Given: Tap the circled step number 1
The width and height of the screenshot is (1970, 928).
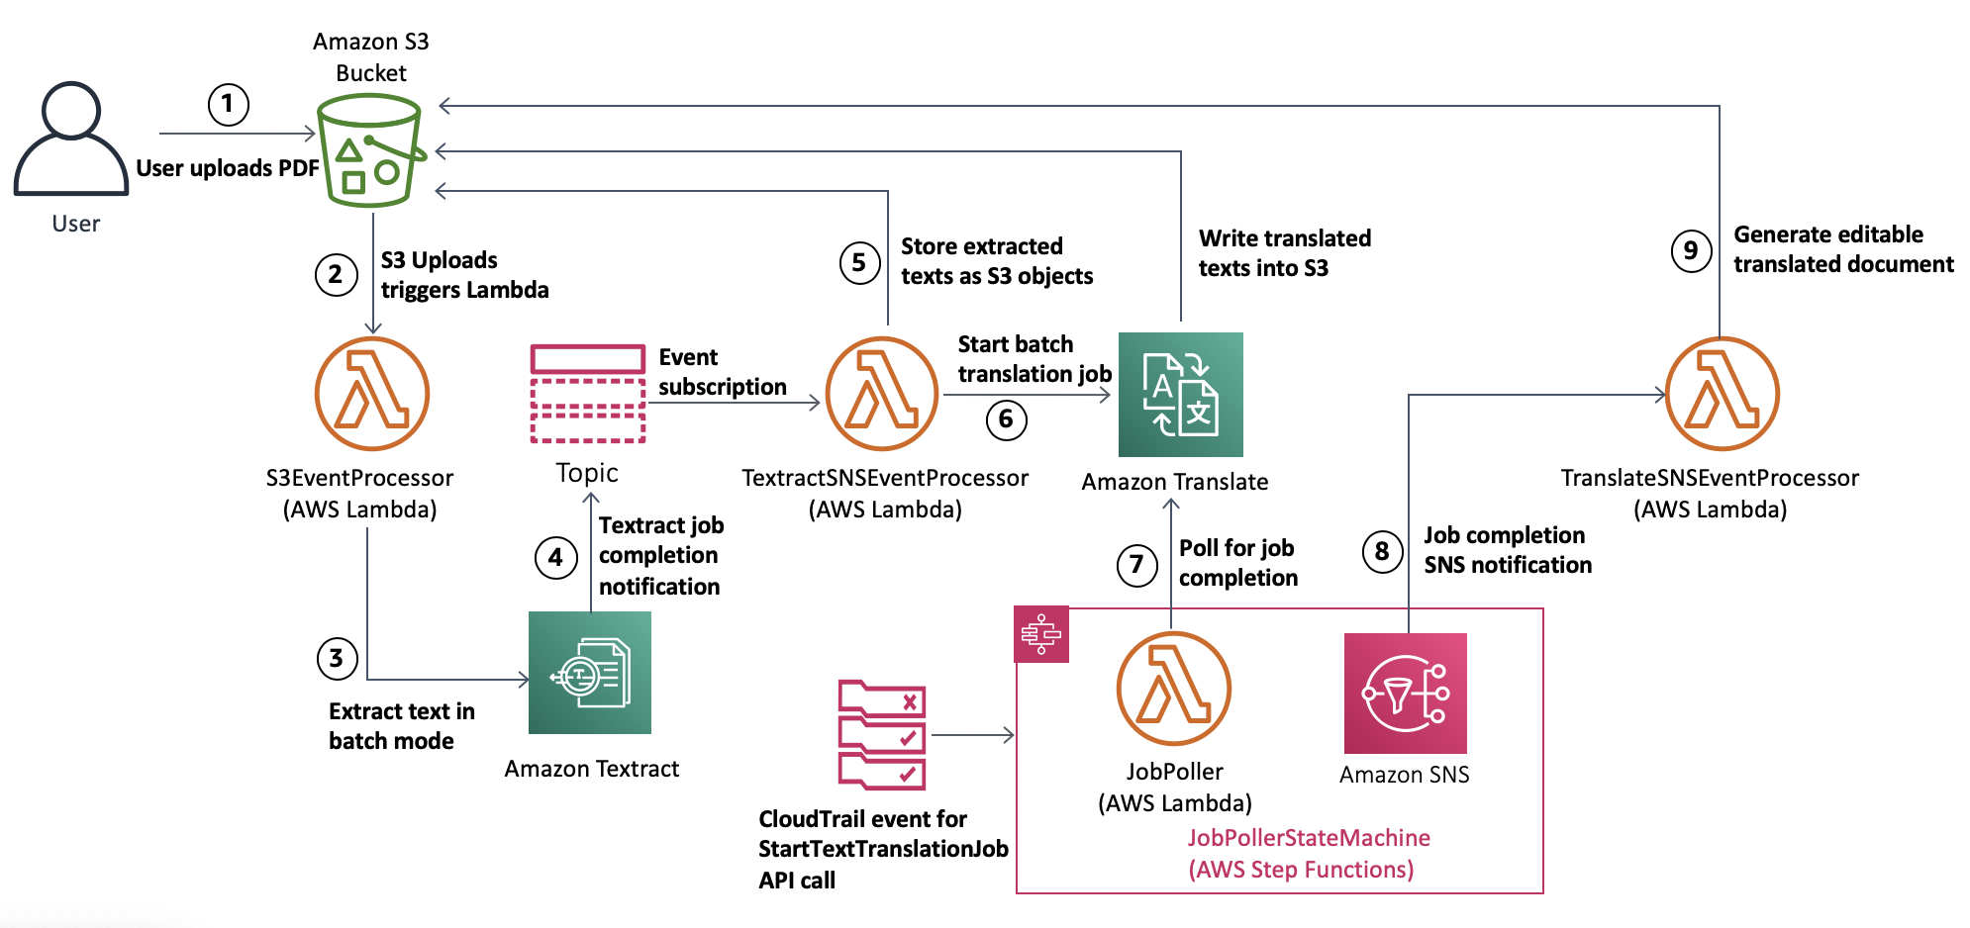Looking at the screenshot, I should (228, 104).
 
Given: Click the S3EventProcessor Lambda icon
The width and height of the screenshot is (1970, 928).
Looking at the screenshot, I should (371, 394).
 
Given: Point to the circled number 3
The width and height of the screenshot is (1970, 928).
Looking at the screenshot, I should (337, 658).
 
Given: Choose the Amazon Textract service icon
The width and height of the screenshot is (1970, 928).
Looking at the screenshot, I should (590, 673).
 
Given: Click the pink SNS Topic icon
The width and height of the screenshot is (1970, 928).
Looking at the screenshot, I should (588, 393).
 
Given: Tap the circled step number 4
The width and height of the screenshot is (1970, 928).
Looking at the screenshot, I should (555, 558).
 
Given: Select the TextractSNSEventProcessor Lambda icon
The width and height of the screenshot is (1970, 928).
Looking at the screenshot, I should (882, 394).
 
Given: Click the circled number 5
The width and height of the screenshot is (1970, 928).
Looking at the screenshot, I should (859, 263).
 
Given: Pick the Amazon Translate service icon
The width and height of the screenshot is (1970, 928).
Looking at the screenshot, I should (1180, 395).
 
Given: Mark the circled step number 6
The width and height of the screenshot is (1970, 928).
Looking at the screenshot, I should (1006, 419).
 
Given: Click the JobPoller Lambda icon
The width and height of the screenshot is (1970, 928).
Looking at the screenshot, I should (1173, 689).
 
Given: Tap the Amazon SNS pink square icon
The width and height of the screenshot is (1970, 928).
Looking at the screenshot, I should (1405, 694).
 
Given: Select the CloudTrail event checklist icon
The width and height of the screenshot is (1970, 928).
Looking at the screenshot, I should (882, 734).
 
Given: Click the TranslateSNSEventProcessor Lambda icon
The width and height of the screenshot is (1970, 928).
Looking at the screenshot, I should (1722, 394).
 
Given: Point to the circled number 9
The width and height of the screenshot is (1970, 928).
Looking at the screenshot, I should (1691, 250).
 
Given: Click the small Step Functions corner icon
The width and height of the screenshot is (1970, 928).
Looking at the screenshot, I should (1041, 634).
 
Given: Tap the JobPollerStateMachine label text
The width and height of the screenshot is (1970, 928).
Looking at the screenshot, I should (1309, 838).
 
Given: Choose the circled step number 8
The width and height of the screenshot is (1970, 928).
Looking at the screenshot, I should (1382, 551).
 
